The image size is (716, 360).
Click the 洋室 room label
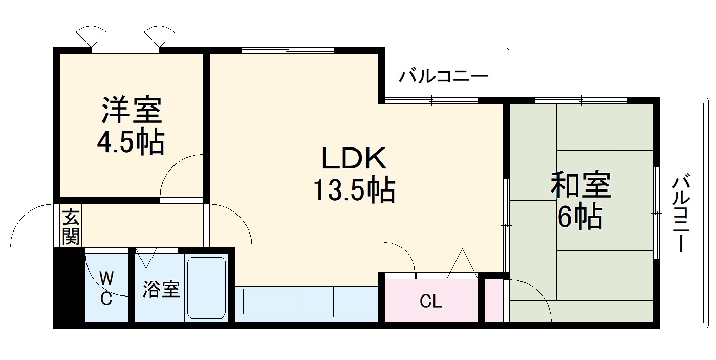132,110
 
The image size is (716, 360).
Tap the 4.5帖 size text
131,142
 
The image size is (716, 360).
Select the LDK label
354,158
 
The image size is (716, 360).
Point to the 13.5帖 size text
354,190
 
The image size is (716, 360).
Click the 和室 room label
581,185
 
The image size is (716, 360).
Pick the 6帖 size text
580,217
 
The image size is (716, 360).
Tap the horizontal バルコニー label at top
444,77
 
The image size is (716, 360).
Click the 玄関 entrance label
71,227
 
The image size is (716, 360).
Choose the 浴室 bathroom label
161,289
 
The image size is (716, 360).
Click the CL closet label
431,301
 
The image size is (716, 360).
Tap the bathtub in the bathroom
206,288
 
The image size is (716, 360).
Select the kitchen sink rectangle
272,302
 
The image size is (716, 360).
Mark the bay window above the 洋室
125,39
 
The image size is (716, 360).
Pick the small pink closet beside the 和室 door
494,301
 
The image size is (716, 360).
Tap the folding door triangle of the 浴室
146,258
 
